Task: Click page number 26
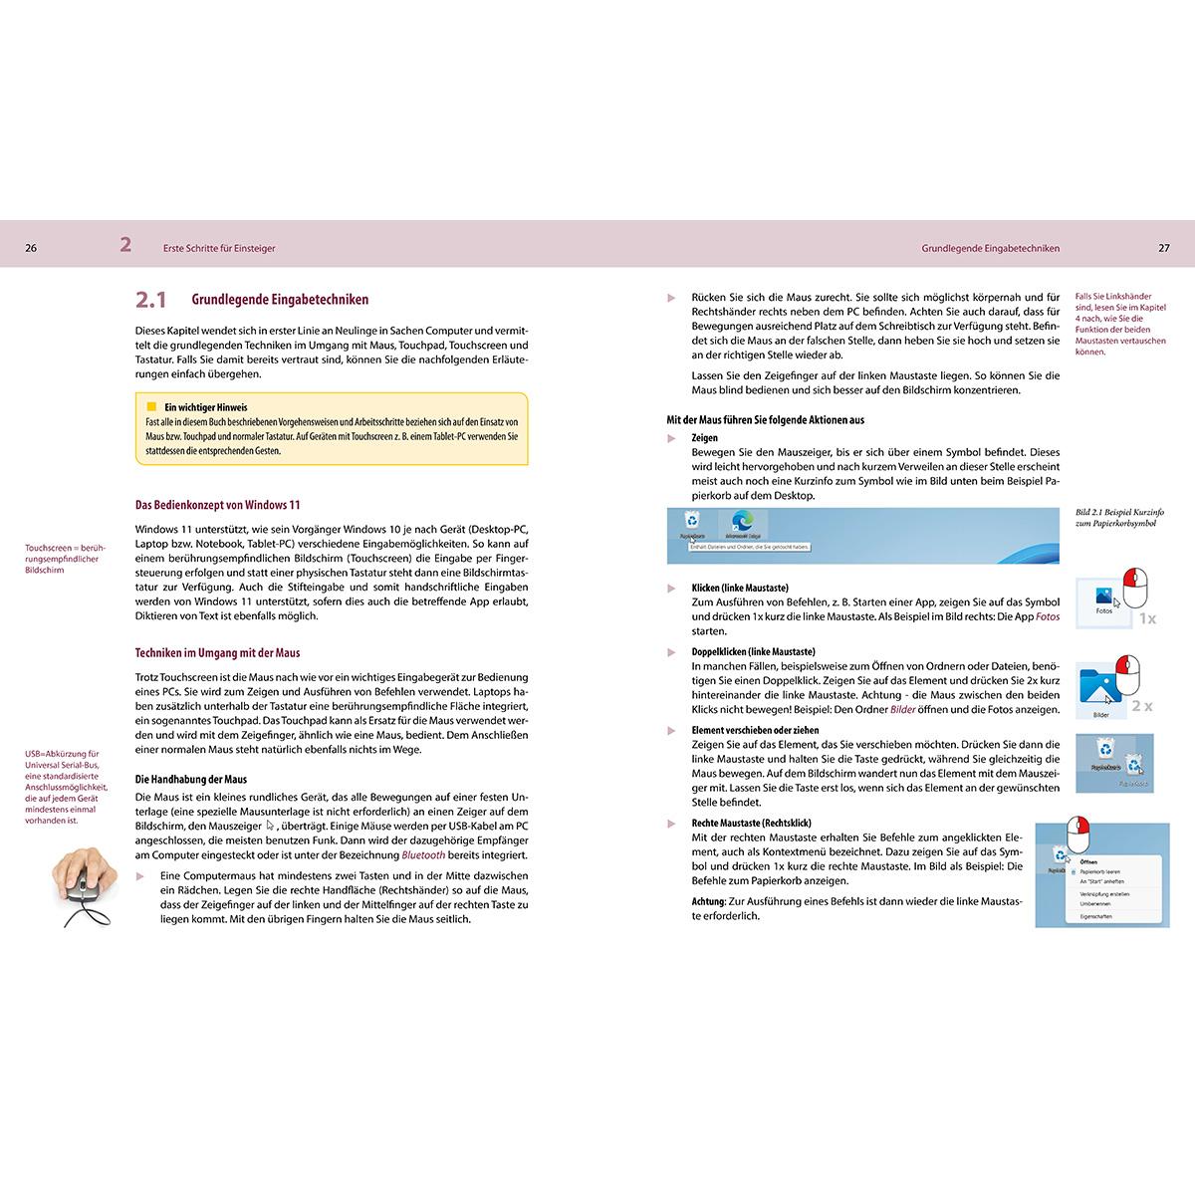point(31,248)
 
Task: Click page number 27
point(1163,248)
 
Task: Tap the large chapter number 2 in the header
point(125,245)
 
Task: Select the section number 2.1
point(151,299)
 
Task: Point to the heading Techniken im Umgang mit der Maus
point(217,653)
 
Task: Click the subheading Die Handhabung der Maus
point(190,779)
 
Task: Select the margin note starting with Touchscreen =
point(65,559)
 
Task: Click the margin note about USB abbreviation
point(67,787)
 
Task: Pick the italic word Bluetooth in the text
point(423,855)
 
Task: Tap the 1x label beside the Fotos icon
point(1147,618)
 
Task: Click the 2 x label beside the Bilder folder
point(1141,706)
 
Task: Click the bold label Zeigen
point(704,437)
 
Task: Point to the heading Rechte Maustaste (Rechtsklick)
point(751,824)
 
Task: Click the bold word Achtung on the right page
point(709,901)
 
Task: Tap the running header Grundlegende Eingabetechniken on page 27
point(990,248)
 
